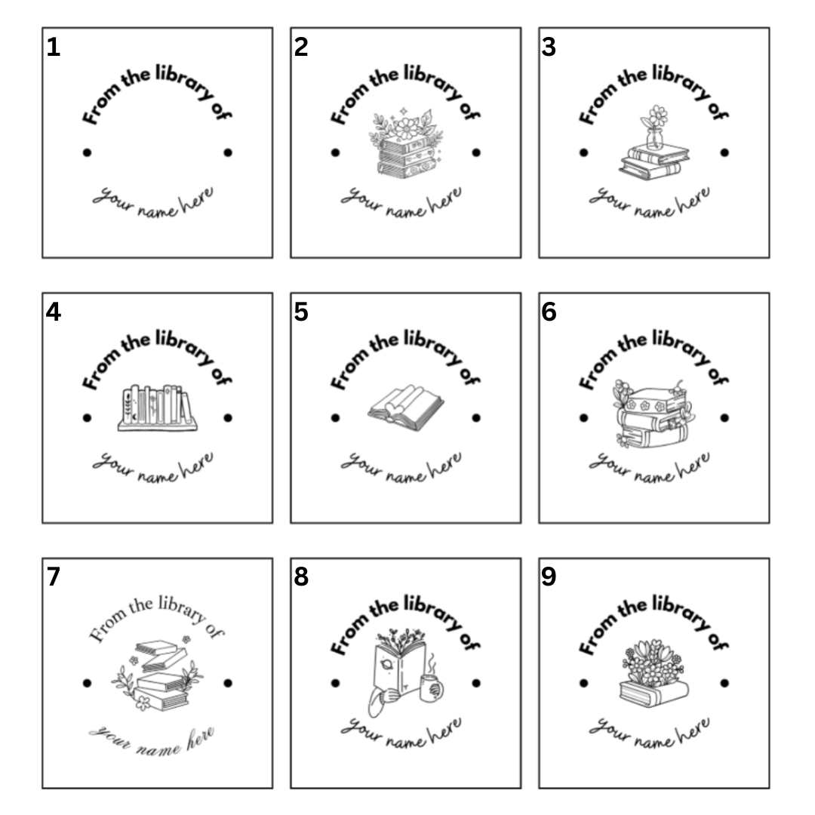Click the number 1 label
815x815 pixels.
[x=53, y=48]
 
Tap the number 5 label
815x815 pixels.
[x=301, y=312]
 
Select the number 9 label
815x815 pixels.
[x=549, y=577]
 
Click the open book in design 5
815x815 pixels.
[x=405, y=408]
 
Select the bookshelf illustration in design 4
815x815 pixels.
[x=158, y=408]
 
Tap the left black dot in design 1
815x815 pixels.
[x=87, y=152]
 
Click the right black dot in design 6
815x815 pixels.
[x=724, y=418]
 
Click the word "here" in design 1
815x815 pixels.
[x=195, y=198]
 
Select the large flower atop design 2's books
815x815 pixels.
[x=406, y=128]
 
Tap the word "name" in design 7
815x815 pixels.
[x=158, y=749]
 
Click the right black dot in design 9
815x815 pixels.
[x=724, y=683]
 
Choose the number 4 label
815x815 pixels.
[x=53, y=312]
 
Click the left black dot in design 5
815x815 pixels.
[x=335, y=418]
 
